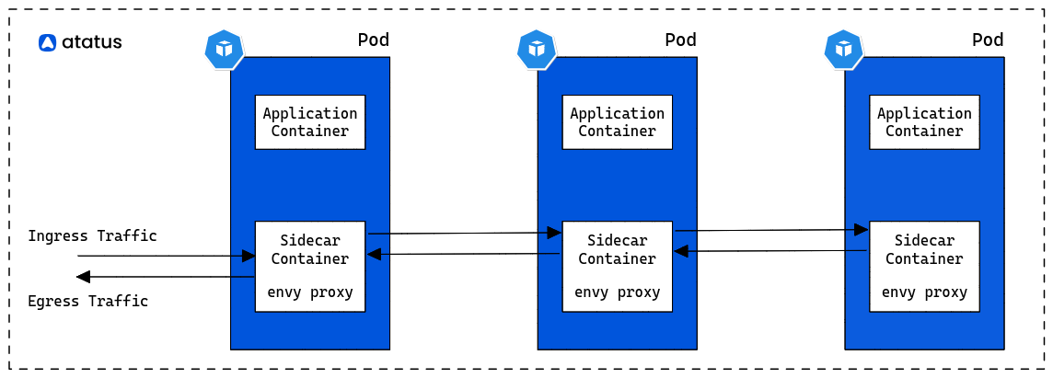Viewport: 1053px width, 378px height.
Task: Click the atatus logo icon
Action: point(47,43)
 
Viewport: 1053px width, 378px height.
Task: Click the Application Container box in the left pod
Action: point(309,122)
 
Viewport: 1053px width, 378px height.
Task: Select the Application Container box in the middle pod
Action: point(617,122)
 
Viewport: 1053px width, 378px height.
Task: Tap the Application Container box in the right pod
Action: point(924,122)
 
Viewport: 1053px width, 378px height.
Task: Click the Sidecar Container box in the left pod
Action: point(309,267)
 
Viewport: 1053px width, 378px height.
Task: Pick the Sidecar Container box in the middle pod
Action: point(617,267)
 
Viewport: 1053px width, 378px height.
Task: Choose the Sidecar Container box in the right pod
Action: point(924,267)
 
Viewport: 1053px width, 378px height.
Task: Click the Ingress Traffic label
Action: point(93,236)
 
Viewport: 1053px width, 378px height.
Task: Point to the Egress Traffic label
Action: point(88,301)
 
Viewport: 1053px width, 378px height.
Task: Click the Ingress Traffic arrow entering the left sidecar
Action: point(166,256)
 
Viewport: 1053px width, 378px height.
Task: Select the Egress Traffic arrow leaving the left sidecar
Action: point(166,277)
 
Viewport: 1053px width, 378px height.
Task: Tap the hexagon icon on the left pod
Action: point(225,50)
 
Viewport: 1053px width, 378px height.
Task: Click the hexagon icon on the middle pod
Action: point(537,50)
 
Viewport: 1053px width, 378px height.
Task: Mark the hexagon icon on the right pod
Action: point(844,50)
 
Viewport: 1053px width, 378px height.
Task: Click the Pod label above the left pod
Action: point(374,40)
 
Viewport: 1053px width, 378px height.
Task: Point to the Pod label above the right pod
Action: point(988,40)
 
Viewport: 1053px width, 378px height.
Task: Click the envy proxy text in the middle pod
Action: point(617,292)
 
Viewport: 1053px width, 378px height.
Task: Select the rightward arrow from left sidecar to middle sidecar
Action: point(465,233)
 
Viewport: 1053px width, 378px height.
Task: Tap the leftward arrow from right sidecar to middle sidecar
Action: point(770,251)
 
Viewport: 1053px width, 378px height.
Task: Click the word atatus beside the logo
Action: point(92,43)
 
